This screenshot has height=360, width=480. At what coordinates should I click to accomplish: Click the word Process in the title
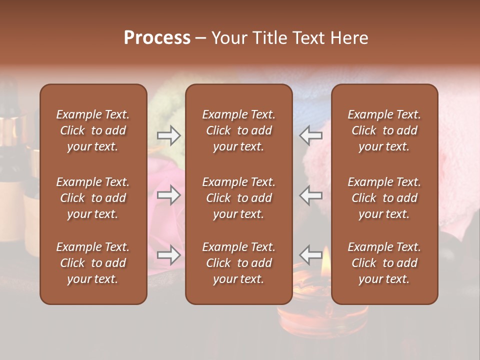157,38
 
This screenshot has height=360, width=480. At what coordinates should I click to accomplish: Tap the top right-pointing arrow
169,135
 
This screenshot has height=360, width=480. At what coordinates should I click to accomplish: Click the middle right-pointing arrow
169,194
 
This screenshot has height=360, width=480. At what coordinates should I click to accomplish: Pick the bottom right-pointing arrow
169,255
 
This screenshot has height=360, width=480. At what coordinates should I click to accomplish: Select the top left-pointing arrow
311,135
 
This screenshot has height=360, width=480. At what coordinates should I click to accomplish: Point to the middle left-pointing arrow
311,194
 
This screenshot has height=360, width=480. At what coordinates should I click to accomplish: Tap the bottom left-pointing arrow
311,255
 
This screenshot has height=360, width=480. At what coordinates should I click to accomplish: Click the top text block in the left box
93,130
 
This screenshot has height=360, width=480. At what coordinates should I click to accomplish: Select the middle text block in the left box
93,198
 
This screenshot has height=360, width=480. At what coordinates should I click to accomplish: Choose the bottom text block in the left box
93,263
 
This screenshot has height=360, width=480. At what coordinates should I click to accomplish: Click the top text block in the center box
239,130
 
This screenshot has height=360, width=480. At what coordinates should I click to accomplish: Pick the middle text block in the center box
239,198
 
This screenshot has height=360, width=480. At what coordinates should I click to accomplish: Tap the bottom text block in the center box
239,263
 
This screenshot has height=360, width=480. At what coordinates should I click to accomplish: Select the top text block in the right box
384,130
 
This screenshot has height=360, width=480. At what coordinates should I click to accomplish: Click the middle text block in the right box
384,198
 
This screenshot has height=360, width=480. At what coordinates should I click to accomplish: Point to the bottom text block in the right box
384,263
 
